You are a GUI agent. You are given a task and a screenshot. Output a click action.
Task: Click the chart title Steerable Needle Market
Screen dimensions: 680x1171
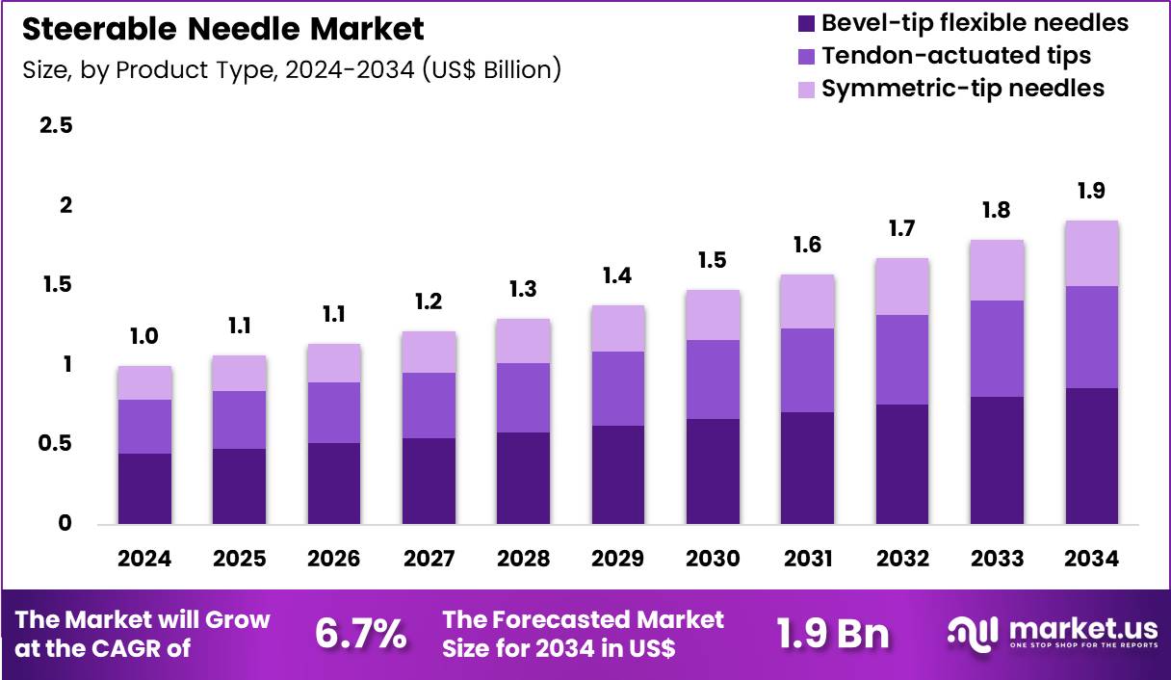tap(222, 29)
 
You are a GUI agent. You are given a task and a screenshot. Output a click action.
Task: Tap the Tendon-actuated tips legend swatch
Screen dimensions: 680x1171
tap(805, 56)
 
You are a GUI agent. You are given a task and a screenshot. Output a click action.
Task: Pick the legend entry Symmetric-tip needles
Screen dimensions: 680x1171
tap(962, 89)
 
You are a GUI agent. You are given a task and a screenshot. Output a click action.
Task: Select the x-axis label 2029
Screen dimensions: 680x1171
tap(618, 559)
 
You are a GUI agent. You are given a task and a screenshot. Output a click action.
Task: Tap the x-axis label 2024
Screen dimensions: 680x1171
tap(144, 559)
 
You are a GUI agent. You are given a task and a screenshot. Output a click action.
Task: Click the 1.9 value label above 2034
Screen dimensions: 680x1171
tap(1091, 191)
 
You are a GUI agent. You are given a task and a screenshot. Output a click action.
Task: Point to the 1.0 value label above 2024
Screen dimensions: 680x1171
tap(144, 336)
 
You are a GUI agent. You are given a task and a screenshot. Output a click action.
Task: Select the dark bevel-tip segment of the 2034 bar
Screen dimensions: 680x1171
tap(1091, 456)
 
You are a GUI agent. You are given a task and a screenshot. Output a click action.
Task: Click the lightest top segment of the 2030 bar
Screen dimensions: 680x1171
tap(714, 315)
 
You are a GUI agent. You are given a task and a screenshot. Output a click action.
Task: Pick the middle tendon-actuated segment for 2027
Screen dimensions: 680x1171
tap(429, 405)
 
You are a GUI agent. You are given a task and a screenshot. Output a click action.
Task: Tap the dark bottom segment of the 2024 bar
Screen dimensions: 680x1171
tap(144, 488)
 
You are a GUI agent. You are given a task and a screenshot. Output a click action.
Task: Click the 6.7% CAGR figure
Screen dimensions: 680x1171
tap(360, 634)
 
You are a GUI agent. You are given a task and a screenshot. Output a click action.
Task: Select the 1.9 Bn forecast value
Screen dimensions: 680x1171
tap(834, 634)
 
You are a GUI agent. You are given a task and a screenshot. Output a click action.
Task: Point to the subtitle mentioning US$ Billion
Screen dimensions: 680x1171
tap(290, 70)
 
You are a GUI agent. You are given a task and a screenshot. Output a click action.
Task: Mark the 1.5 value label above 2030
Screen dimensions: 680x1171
tap(714, 260)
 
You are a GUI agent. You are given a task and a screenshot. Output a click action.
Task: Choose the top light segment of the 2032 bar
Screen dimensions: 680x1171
tap(902, 286)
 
